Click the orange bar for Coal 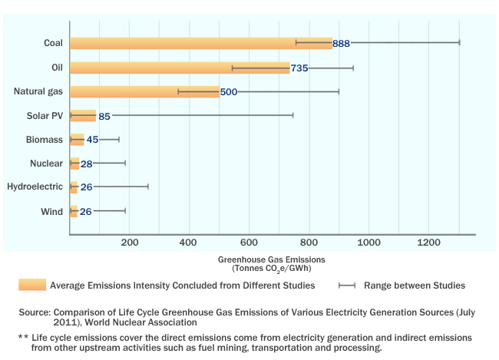pos(200,43)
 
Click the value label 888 pos(342,44)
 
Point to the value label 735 pos(299,68)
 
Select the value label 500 pos(229,92)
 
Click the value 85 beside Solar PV pos(104,117)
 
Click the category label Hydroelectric pos(35,187)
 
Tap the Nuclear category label pos(46,163)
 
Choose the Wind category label pos(51,210)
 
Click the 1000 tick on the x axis pos(369,243)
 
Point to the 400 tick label pos(189,243)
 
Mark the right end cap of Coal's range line pos(459,43)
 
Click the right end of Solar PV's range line pos(292,116)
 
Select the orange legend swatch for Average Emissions pos(32,286)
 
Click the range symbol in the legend pos(347,286)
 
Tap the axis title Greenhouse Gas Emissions pos(272,259)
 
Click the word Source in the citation pos(35,313)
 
